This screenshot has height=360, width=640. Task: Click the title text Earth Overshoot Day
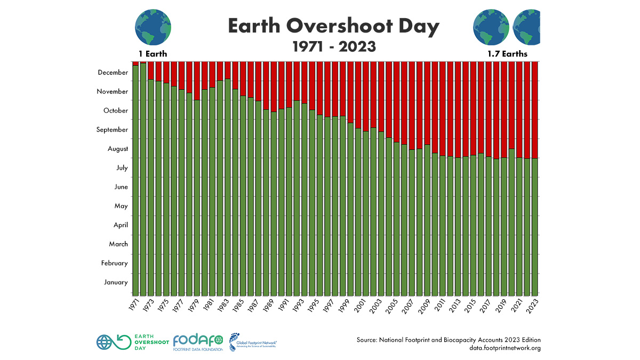334,26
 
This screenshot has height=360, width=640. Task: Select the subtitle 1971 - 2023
334,46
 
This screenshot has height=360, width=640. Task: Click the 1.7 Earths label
507,54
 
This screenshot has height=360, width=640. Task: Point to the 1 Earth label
153,54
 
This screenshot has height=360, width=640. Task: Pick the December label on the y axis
113,73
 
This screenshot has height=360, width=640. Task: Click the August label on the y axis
118,149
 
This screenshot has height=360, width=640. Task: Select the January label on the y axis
115,282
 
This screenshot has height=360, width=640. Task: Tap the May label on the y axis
121,206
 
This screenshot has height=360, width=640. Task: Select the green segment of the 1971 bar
135,181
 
